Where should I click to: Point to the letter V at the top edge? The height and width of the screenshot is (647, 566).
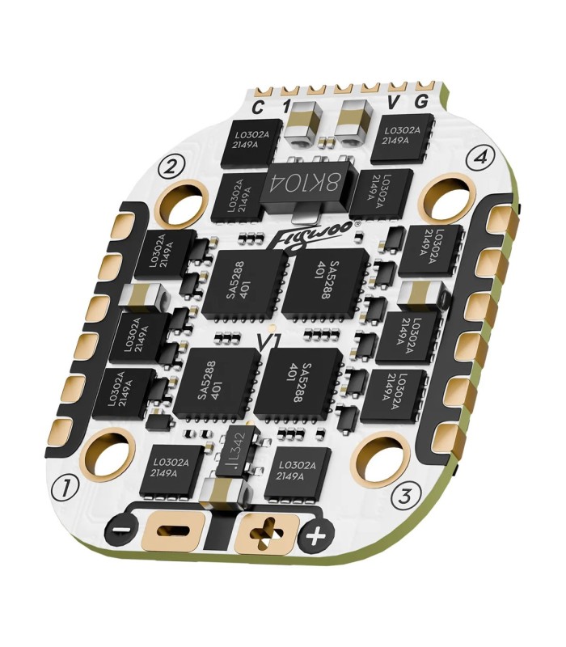click(394, 104)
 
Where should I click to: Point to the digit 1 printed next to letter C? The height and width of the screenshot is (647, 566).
click(285, 107)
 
